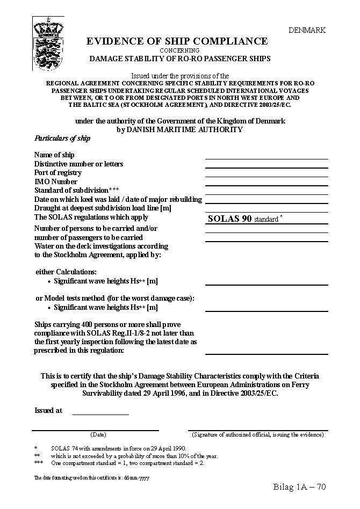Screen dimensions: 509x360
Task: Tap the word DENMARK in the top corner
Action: [307, 31]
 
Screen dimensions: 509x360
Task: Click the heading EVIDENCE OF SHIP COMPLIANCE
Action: [177, 41]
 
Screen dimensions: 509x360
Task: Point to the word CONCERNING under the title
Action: [179, 50]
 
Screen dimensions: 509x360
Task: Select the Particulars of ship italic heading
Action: [62, 139]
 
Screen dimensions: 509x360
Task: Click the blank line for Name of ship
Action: [267, 156]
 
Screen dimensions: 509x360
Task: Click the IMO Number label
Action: [56, 181]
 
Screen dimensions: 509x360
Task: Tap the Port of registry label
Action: [58, 173]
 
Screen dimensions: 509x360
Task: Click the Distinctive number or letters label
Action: [78, 164]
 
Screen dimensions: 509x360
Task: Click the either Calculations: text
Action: [66, 272]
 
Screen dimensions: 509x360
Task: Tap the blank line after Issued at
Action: [100, 412]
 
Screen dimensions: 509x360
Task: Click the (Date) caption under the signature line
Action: [98, 434]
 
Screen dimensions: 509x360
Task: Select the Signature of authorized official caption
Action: [258, 434]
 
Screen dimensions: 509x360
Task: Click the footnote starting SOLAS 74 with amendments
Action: [118, 448]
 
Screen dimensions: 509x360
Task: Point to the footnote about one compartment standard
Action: [127, 463]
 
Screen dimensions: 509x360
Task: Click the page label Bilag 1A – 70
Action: [299, 487]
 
